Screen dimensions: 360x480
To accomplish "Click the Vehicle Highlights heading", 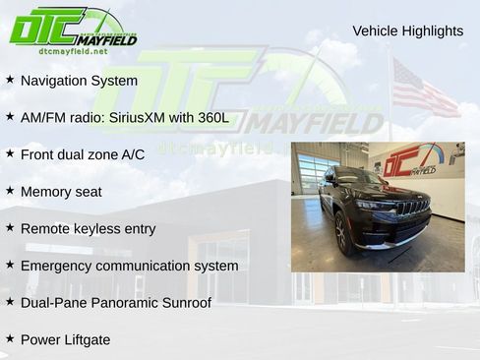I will [407, 31].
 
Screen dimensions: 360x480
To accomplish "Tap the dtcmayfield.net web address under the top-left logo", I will [73, 51].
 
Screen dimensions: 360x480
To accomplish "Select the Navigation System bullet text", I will [79, 81].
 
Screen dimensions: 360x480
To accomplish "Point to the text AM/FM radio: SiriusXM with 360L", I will [124, 118].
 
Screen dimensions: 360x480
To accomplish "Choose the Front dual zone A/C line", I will [82, 154].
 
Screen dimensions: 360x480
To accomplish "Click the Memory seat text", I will [61, 192].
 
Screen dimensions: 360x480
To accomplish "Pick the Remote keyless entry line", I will [88, 229].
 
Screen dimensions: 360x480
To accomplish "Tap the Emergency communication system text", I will [129, 266].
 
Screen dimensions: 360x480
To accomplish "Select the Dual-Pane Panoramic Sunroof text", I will [115, 303].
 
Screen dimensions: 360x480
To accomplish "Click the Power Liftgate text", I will [65, 340].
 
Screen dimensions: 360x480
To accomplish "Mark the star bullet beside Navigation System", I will [10, 80].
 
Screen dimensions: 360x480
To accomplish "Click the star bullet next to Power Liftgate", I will [10, 339].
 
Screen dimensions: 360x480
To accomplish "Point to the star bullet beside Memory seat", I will [10, 191].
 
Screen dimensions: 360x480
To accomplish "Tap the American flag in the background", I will [424, 90].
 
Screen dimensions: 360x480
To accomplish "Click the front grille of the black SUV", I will [412, 208].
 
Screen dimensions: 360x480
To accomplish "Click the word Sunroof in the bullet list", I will [184, 303].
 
